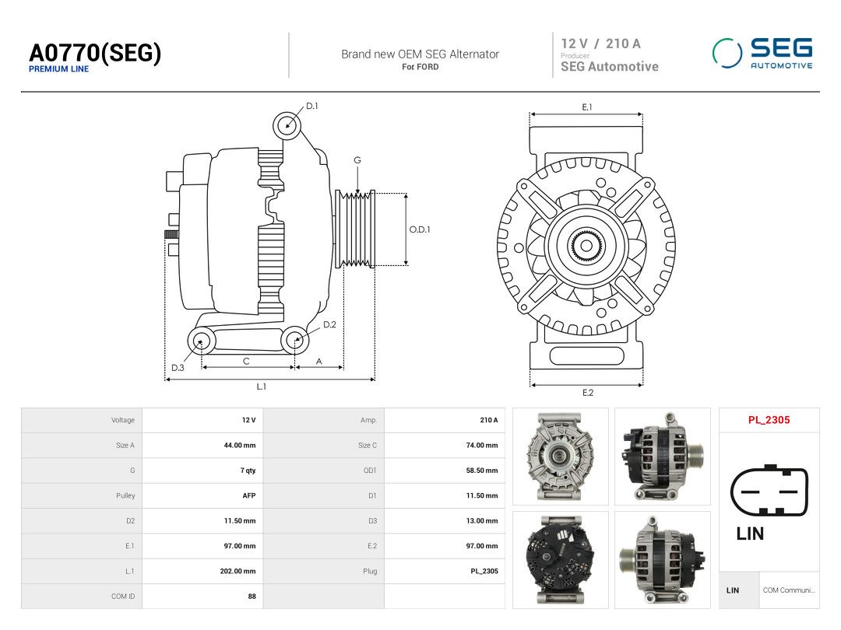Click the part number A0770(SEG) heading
pos(95,53)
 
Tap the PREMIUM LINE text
pos(59,69)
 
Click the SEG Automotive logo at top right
pos(762,53)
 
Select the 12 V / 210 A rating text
pos(600,44)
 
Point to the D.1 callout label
pos(311,106)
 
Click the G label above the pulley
pos(357,160)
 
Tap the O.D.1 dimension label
pos(420,229)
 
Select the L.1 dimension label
pos(261,387)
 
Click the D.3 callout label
pos(178,367)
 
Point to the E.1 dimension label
pos(587,107)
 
